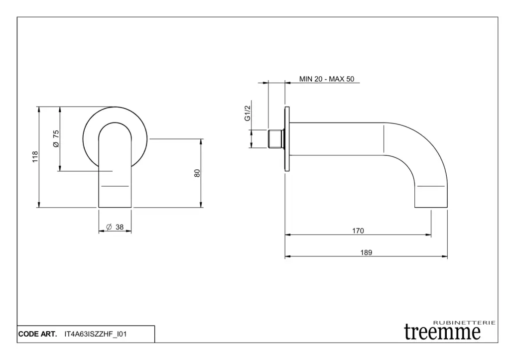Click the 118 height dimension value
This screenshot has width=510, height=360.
tap(35, 157)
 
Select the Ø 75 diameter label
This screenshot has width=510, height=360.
tap(56, 138)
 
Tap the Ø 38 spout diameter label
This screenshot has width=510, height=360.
tap(115, 227)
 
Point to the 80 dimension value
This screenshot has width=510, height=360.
tap(197, 173)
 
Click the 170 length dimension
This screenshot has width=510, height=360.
tap(358, 231)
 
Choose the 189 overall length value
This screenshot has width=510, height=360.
tap(366, 252)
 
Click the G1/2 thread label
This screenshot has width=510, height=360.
tap(248, 113)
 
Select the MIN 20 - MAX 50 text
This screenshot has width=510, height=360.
tap(327, 79)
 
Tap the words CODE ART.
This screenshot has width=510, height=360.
tap(37, 334)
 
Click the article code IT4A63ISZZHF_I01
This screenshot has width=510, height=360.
tap(96, 334)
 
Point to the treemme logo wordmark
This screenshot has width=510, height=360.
tap(442, 332)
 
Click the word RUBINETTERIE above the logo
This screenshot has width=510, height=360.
tap(465, 323)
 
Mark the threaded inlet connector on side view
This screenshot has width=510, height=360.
tap(276, 139)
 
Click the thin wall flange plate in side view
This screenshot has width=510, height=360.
tap(287, 139)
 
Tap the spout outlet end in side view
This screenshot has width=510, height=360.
tap(431, 207)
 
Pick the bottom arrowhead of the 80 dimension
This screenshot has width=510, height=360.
tap(201, 205)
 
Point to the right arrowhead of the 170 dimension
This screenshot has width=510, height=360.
tap(428, 235)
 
